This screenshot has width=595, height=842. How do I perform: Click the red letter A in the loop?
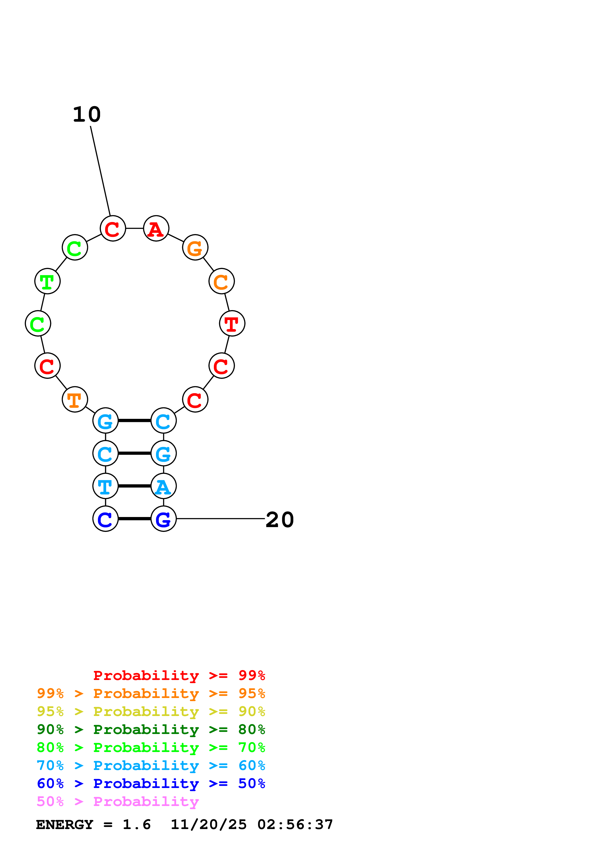coord(156,229)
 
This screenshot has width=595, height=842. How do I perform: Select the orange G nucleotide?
coord(195,247)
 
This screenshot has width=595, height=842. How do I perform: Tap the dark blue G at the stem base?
coord(163,519)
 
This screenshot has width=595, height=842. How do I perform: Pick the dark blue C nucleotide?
coord(106,519)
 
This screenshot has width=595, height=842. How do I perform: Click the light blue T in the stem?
coord(106,486)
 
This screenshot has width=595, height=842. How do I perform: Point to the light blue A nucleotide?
coord(163,486)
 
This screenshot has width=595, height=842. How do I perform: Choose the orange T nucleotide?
coord(75,399)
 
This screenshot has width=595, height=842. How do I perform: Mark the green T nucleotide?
coord(47,281)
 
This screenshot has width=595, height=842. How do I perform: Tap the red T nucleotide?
coord(232,324)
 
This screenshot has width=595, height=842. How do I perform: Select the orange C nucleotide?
coord(222,281)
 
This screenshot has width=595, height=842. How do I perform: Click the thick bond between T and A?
coord(135,486)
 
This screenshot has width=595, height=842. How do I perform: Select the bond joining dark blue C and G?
coord(135,519)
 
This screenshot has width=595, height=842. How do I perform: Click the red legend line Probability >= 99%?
coord(179,675)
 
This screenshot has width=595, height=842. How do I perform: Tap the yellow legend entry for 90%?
coord(151,711)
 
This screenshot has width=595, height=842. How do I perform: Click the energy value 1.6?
coord(136,825)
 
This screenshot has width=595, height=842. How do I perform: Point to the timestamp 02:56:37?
coord(295,825)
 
